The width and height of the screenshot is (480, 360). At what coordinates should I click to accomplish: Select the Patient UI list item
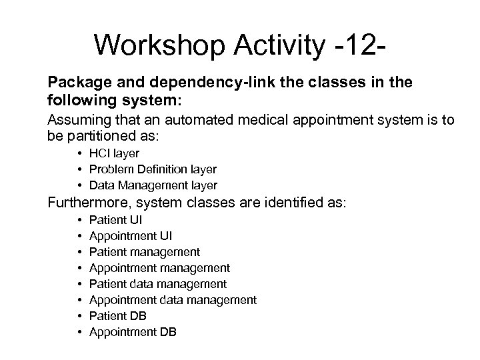pyautogui.click(x=115, y=220)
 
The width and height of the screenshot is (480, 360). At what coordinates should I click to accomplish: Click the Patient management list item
pyautogui.click(x=143, y=252)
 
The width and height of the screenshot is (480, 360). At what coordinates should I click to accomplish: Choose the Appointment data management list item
pyautogui.click(x=172, y=300)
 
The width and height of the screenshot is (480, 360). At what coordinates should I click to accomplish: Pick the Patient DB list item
pyautogui.click(x=117, y=316)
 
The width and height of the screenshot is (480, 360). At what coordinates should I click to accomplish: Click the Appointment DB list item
pyautogui.click(x=132, y=332)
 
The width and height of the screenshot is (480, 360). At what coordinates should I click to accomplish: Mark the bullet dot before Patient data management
pyautogui.click(x=79, y=285)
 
